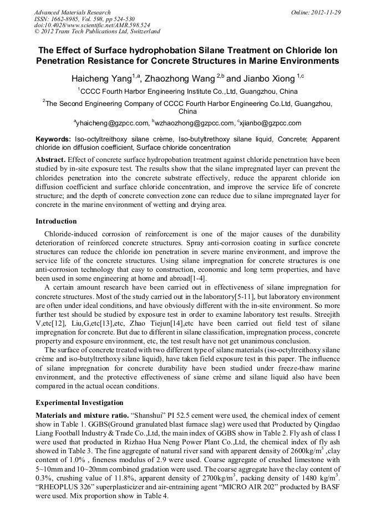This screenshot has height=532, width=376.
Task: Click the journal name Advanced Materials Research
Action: tap(72, 12)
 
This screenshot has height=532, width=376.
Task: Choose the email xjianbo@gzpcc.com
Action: tap(270, 123)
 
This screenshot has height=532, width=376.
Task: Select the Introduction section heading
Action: tap(56, 221)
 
